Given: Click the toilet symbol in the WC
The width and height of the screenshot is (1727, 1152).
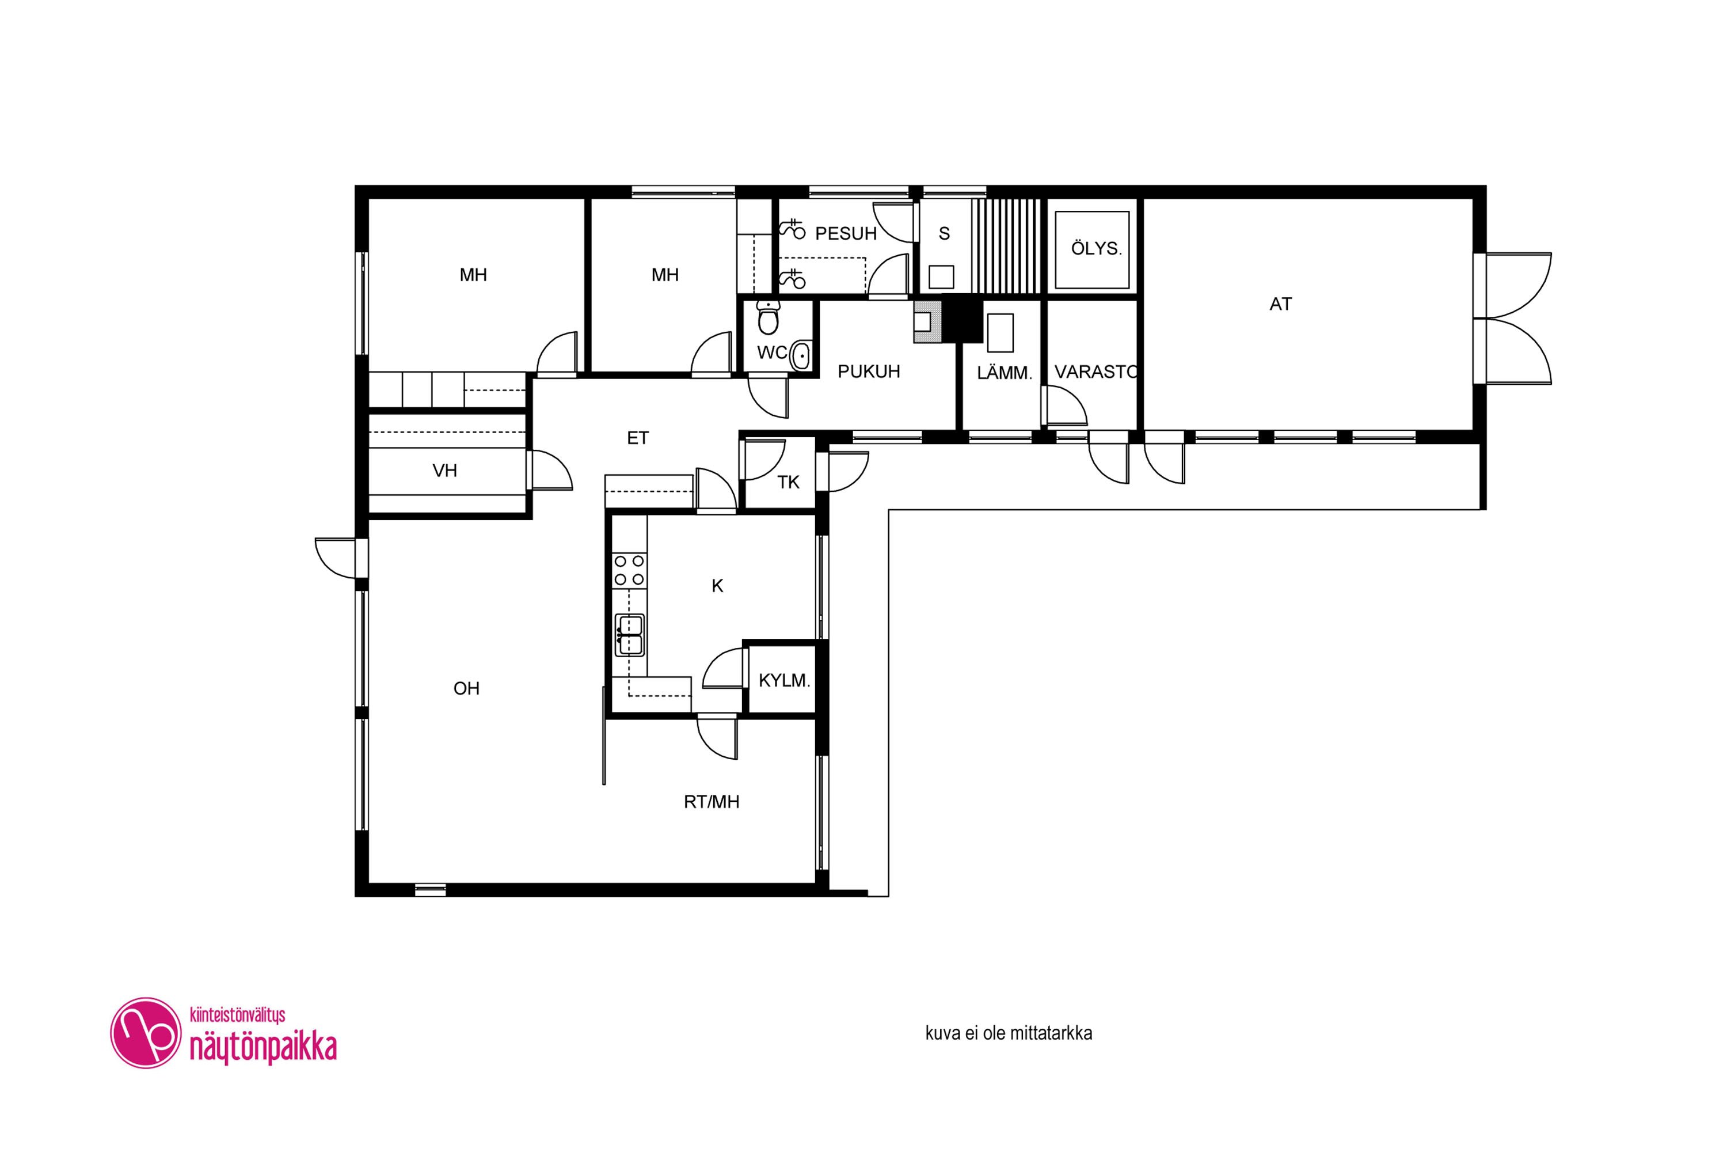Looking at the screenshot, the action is [768, 317].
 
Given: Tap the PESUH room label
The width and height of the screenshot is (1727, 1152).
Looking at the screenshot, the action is [846, 234].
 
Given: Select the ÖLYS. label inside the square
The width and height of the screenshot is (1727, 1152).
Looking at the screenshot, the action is [1096, 248].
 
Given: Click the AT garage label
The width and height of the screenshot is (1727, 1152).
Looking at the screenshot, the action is [1280, 304].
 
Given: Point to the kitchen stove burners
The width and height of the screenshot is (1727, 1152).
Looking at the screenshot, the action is [630, 570].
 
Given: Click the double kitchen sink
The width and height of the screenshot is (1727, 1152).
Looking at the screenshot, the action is [629, 635].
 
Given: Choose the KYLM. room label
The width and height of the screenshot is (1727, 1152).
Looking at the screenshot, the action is [784, 680].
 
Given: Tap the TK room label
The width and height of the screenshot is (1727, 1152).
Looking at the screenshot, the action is [788, 482].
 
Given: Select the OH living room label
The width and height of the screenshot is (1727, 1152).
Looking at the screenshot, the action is [466, 688].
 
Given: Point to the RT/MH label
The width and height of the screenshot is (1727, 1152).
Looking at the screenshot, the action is [712, 802].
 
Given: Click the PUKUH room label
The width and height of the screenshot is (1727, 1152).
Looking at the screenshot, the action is [869, 372].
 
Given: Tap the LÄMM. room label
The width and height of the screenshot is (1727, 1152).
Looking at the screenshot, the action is [1005, 373].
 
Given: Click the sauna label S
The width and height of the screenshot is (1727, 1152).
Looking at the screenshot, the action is [944, 234].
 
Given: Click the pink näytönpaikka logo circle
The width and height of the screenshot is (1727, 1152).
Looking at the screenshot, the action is [146, 1032].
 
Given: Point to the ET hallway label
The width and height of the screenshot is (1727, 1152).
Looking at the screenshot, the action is [637, 438].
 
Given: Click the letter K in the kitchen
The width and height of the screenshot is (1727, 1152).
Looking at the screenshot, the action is [717, 586].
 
